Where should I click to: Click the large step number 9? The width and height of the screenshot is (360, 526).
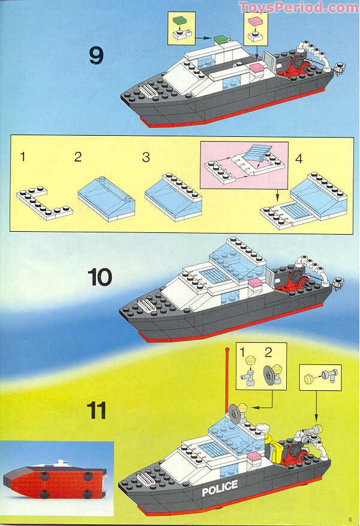[x=96, y=56]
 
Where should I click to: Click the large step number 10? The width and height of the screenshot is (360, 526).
[x=100, y=277]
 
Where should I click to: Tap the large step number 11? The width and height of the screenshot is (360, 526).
[x=96, y=411]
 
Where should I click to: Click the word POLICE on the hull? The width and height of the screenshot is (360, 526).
[x=220, y=488]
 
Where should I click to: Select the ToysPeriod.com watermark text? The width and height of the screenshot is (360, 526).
[x=298, y=8]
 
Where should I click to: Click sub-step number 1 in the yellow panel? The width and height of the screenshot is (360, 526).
[x=22, y=157]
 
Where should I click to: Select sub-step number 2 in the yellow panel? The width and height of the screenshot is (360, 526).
[x=77, y=157]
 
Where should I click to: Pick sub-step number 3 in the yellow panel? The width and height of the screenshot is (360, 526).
[x=145, y=157]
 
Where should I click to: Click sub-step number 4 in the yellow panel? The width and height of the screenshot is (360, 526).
[x=299, y=160]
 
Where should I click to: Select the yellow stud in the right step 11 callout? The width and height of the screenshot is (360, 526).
[x=308, y=379]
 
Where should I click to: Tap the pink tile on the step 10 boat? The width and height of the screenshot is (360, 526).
[x=255, y=282]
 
